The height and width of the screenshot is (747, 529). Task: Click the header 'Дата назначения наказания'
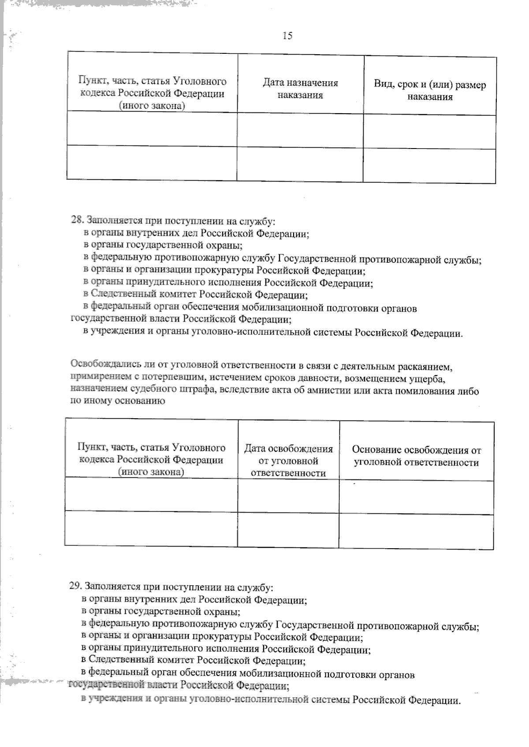[300, 89]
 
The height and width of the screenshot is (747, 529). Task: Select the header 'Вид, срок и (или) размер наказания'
[430, 91]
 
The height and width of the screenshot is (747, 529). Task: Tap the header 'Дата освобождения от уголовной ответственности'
[288, 461]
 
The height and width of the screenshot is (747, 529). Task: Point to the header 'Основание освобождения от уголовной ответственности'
[416, 456]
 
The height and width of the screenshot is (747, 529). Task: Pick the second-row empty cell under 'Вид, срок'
[429, 165]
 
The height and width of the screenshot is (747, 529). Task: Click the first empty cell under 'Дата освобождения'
[288, 496]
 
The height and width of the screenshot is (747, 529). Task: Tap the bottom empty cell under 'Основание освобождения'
[416, 531]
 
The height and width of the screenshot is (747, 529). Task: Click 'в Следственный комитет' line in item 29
[193, 660]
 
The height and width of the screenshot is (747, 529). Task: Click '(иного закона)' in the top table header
[151, 106]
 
